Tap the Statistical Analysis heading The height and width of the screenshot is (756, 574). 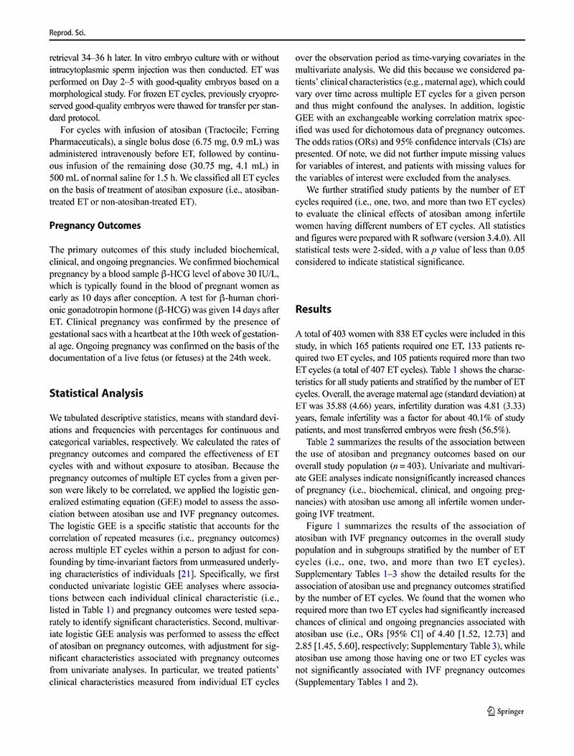click(x=96, y=393)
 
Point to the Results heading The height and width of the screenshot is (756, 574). click(x=314, y=309)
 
